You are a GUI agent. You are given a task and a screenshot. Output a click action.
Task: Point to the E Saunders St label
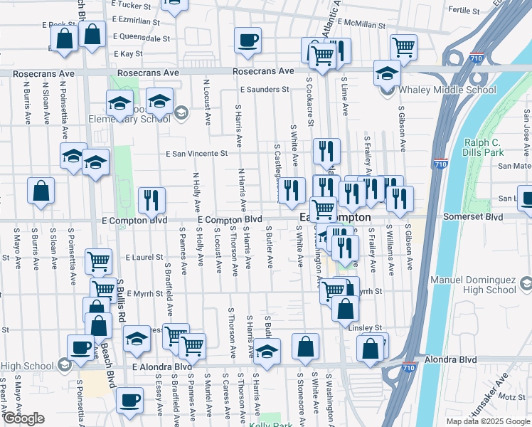[x=264, y=90]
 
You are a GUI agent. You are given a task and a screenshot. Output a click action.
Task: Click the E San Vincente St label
[x=196, y=153]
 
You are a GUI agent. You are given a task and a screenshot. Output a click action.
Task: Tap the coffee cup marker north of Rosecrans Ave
[x=248, y=41]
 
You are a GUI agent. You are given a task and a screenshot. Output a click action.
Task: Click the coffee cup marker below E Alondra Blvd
[x=129, y=400]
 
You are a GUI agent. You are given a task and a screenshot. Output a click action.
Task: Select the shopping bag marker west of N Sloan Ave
[x=41, y=191]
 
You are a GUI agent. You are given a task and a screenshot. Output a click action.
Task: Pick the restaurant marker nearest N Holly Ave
[x=151, y=200]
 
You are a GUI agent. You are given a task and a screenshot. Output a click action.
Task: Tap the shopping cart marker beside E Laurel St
[x=98, y=260]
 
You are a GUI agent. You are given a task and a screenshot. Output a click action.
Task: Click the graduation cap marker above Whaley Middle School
[x=387, y=73]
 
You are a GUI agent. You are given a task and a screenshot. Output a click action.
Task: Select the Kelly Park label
[x=267, y=425]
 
